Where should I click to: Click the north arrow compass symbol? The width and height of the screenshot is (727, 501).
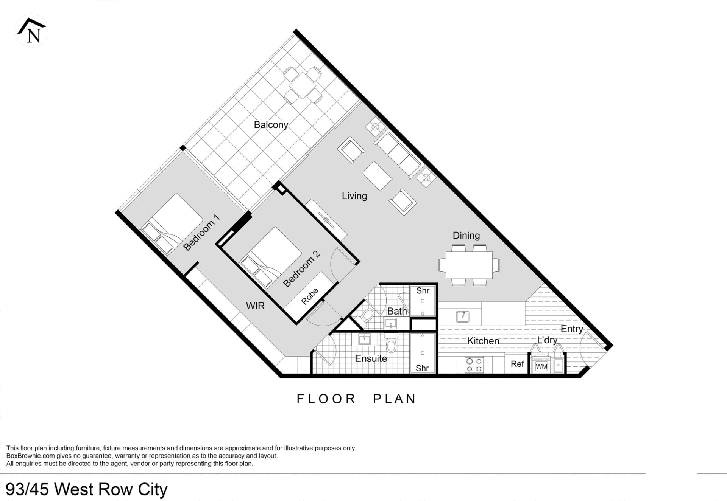(x=32, y=31)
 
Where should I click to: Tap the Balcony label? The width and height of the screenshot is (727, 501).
(x=271, y=125)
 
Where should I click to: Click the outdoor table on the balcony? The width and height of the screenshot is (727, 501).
(x=303, y=85)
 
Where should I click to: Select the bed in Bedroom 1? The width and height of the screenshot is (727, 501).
(x=172, y=223)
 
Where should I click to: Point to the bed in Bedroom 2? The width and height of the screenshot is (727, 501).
(x=271, y=257)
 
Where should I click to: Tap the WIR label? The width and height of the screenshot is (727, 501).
(x=255, y=306)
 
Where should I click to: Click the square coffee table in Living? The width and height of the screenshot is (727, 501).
(x=377, y=176)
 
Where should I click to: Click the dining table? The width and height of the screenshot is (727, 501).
(x=469, y=265)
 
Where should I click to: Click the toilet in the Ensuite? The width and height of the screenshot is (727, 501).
(x=391, y=343)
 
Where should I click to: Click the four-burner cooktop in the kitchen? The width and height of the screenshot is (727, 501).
(x=474, y=365)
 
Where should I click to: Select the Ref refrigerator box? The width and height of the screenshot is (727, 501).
(x=517, y=364)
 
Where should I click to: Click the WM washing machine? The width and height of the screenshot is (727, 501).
(x=541, y=366)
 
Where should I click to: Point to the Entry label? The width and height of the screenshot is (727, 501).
(x=572, y=329)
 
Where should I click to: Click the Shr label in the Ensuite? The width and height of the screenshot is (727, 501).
(x=422, y=368)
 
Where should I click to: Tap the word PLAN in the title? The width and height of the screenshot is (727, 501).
(x=395, y=399)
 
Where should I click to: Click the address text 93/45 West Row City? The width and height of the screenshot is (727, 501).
(x=87, y=489)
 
